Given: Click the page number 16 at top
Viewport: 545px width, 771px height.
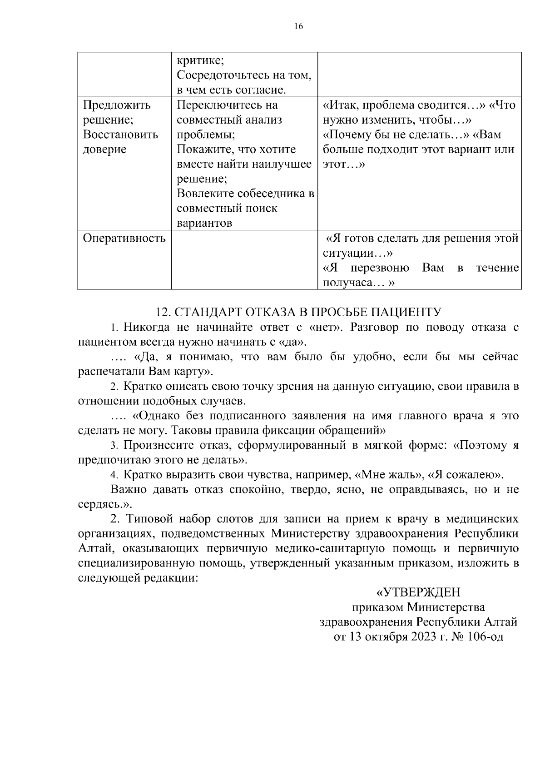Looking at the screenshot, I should (298, 26).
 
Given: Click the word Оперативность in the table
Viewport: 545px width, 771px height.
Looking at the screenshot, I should (124, 238).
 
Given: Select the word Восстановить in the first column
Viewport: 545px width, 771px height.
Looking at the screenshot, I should (120, 134).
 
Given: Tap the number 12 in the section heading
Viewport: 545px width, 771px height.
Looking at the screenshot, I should (161, 312).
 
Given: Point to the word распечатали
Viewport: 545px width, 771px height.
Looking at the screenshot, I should (111, 372).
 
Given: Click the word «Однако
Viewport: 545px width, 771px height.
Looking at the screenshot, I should (156, 416).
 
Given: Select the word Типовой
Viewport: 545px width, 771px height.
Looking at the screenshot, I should (149, 519).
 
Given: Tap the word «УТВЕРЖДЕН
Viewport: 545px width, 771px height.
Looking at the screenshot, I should (418, 592).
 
